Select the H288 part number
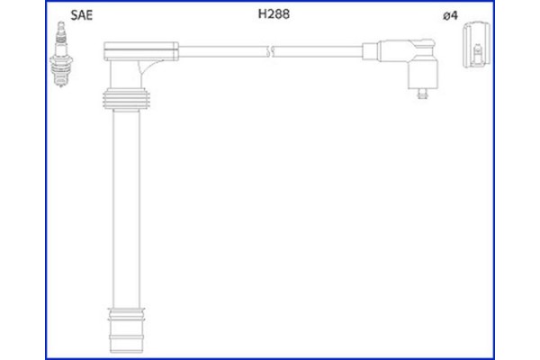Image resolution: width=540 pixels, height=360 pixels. pyautogui.click(x=273, y=14)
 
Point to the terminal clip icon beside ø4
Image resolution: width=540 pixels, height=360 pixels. pyautogui.click(x=476, y=48)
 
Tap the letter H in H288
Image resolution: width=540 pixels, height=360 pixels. pyautogui.click(x=263, y=14)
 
